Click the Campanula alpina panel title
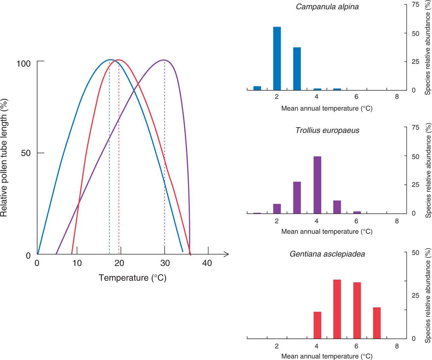(x=327, y=7)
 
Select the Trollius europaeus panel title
(x=327, y=130)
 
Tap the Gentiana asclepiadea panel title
(x=327, y=254)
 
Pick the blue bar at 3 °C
(x=297, y=69)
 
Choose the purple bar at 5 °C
(x=337, y=207)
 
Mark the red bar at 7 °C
(x=377, y=323)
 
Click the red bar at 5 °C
(x=337, y=309)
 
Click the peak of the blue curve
(x=110, y=60)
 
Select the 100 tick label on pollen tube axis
(x=23, y=63)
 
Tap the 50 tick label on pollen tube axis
(x=26, y=153)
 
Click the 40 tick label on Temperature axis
(x=207, y=263)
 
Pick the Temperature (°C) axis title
(x=132, y=278)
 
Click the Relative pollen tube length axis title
(x=4, y=158)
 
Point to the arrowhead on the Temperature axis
(x=227, y=254)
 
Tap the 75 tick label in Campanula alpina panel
(x=415, y=4)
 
